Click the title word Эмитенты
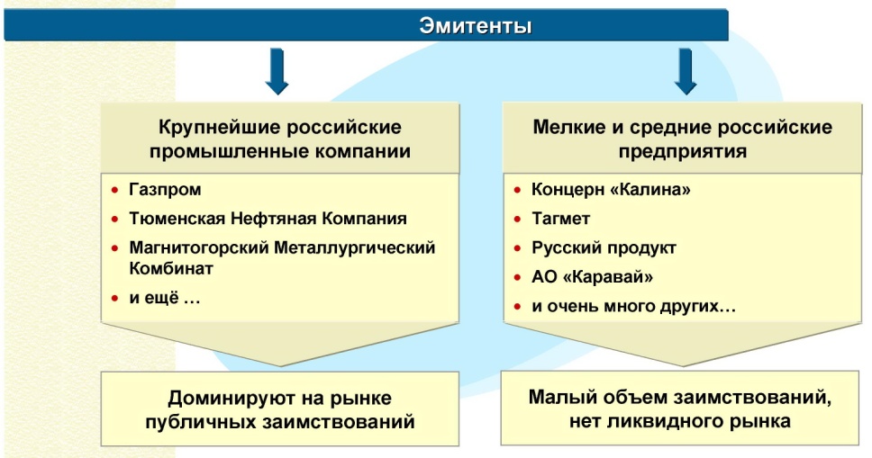476,26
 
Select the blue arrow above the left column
277,73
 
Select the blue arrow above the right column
686,73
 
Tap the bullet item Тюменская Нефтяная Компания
268,219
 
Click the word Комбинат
170,268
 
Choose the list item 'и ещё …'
165,299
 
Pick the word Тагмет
560,219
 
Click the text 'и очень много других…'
633,306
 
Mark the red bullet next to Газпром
114,192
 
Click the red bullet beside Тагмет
516,220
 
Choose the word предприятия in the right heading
683,150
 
